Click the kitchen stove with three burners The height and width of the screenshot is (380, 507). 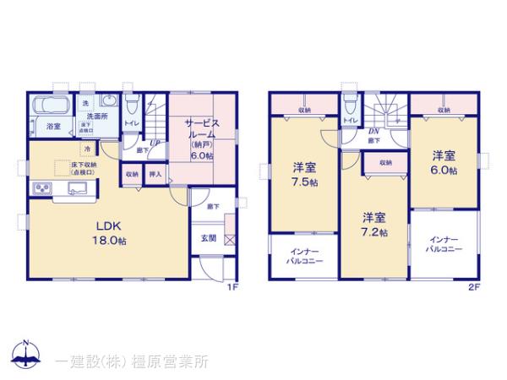coord(42,187)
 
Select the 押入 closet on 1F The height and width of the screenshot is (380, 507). coord(155,174)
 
